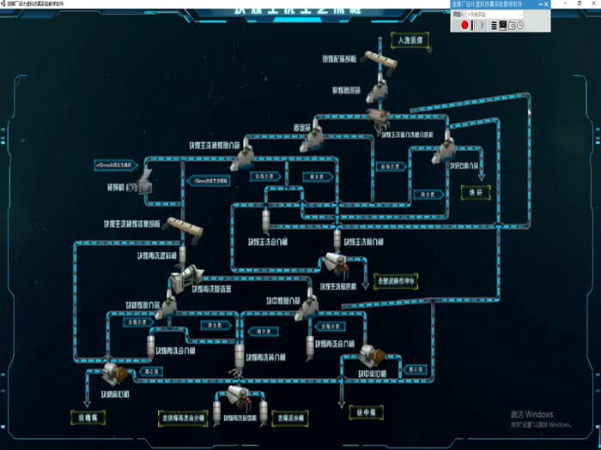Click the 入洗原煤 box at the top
(x=408, y=39)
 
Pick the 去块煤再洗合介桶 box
(x=182, y=419)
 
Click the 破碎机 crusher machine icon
(x=146, y=178)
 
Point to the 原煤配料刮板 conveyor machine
(x=379, y=60)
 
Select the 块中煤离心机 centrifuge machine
(x=373, y=356)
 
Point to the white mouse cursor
(x=529, y=112)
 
